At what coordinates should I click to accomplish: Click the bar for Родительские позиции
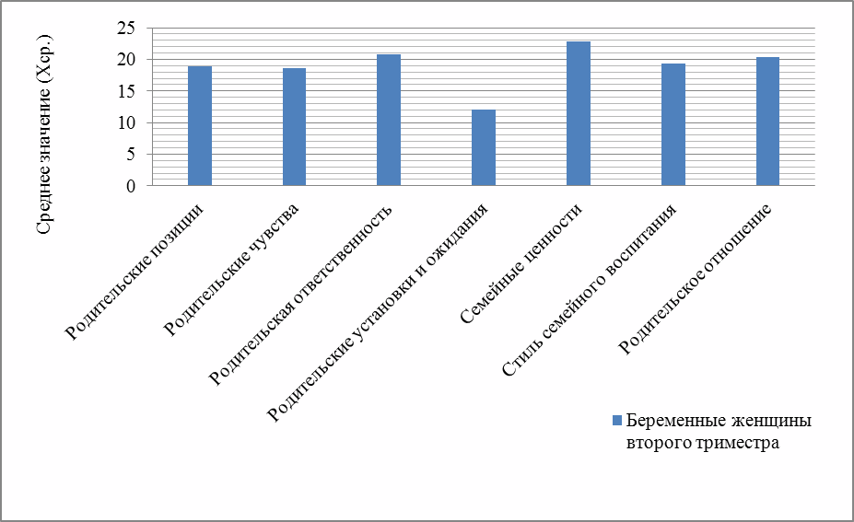pos(199,126)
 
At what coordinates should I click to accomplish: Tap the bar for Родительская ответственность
pos(389,120)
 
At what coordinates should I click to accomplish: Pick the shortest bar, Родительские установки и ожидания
pos(484,147)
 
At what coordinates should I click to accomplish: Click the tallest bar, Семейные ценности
pos(579,113)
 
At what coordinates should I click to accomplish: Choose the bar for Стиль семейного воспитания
pos(673,124)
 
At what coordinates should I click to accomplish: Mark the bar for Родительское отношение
pos(768,122)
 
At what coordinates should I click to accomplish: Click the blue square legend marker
pos(618,421)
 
